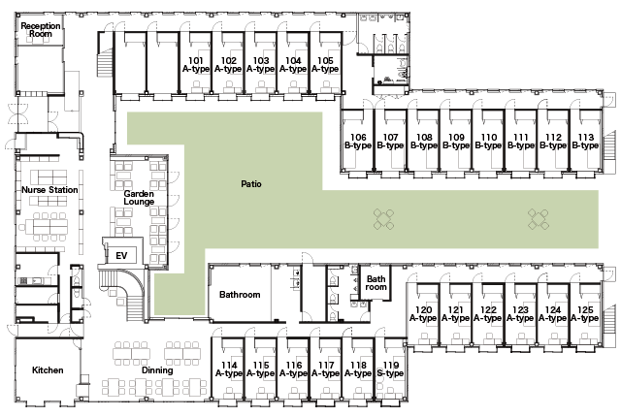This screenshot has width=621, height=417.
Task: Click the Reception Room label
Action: click(x=41, y=30)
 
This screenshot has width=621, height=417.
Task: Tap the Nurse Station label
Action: click(x=49, y=190)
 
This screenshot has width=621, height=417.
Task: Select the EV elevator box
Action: click(x=121, y=256)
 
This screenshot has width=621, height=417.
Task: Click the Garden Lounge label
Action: click(x=139, y=198)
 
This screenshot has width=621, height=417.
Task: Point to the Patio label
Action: click(x=251, y=184)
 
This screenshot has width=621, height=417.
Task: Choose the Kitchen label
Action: click(x=48, y=370)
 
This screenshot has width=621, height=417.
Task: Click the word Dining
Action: click(x=157, y=370)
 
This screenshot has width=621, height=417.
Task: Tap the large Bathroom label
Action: click(x=240, y=295)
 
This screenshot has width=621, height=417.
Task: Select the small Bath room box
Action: click(x=376, y=282)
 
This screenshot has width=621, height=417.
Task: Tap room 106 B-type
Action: click(x=358, y=141)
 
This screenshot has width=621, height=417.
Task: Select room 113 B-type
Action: click(x=585, y=141)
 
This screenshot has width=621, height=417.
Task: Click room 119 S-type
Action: click(x=390, y=369)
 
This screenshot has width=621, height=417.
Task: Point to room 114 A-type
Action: click(x=229, y=369)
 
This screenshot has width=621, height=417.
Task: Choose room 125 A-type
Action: click(x=585, y=314)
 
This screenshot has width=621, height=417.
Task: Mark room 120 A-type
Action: click(x=423, y=314)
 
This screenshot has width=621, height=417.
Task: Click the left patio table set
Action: click(x=384, y=219)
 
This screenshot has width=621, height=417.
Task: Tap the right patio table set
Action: click(x=539, y=219)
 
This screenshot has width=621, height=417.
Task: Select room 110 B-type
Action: click(x=488, y=141)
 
